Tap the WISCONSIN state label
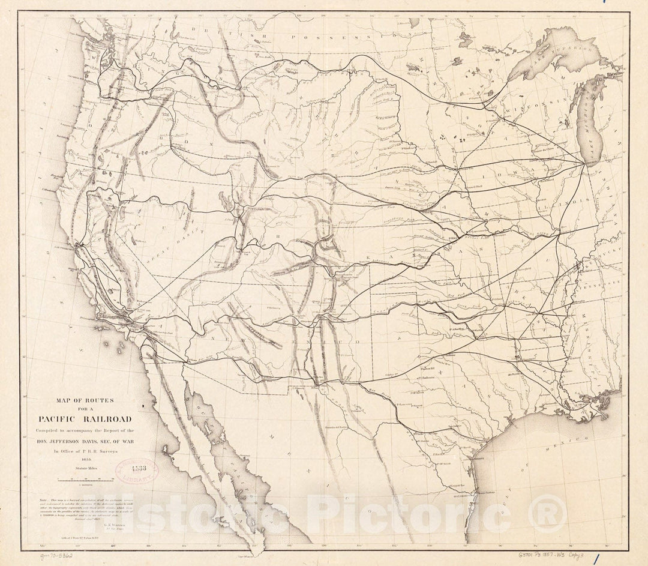tap(532, 112)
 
